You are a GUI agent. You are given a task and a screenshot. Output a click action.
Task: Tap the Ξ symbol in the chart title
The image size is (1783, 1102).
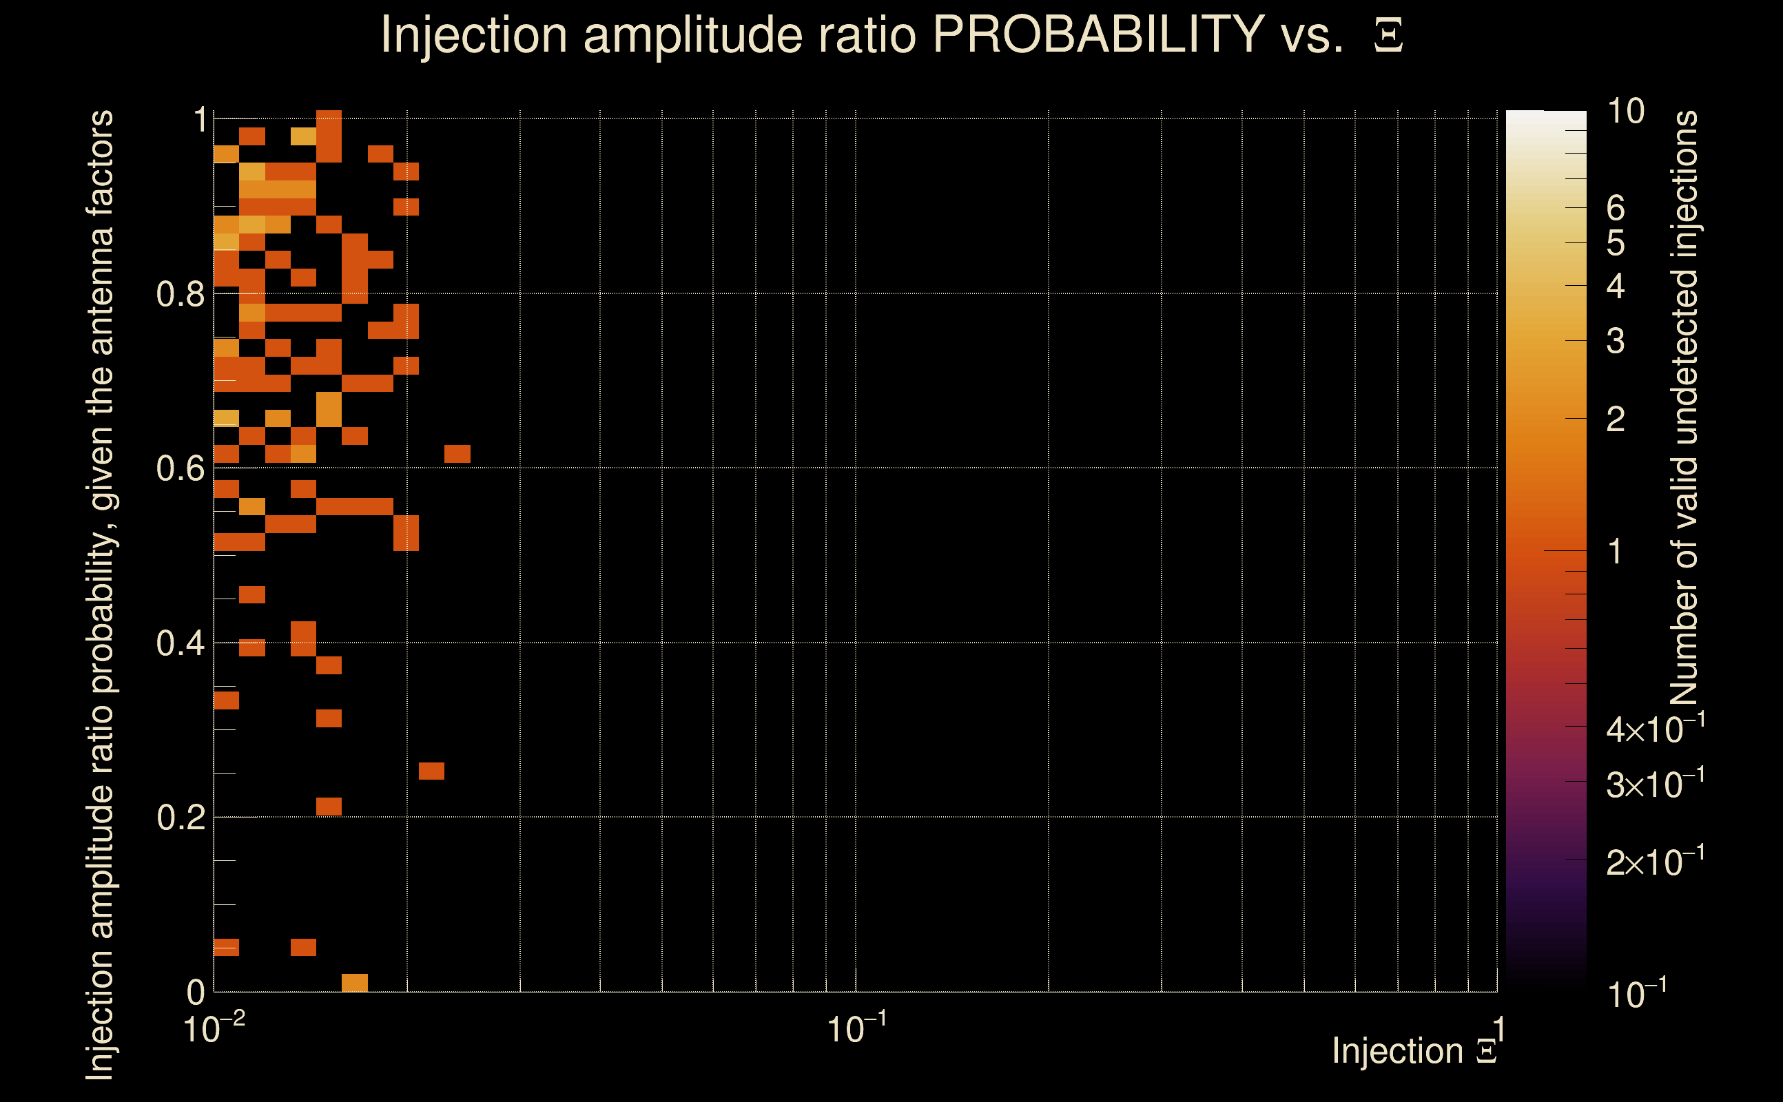tap(1388, 36)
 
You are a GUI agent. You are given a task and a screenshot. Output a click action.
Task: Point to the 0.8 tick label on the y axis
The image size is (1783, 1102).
tap(180, 295)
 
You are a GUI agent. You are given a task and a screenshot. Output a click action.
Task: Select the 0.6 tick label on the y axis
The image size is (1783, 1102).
tap(180, 468)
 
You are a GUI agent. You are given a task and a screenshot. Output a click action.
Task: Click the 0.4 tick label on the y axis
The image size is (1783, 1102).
tap(180, 643)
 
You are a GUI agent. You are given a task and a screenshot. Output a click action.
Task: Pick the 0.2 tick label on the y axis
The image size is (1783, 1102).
tap(180, 818)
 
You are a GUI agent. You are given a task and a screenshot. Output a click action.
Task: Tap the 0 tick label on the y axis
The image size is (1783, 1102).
tap(196, 992)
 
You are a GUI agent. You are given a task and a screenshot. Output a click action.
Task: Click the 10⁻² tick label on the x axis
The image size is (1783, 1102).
tap(214, 1029)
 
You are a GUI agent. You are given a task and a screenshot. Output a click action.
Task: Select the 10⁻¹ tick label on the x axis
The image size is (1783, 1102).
tap(856, 1029)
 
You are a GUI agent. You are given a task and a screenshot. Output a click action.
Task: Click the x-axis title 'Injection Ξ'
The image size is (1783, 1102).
tap(1414, 1051)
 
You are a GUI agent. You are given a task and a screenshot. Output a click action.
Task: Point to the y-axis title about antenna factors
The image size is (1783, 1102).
tap(100, 594)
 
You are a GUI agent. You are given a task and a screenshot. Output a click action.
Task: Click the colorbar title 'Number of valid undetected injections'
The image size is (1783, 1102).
tap(1684, 408)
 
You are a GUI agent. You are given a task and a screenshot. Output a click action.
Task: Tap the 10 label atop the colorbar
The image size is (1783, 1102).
tap(1625, 112)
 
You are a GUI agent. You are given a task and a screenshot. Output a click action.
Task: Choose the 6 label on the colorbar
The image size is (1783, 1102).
tap(1616, 209)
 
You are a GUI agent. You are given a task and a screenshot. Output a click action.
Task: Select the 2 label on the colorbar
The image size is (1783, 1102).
tap(1616, 419)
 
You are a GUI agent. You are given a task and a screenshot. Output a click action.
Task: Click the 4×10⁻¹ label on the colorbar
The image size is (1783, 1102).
tap(1655, 729)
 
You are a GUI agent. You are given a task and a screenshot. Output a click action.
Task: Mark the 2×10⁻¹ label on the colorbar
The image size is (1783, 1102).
tap(1655, 862)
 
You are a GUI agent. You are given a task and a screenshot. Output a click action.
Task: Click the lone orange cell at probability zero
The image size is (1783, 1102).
tap(354, 982)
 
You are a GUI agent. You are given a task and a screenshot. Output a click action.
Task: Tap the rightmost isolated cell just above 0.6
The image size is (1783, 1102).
tap(457, 453)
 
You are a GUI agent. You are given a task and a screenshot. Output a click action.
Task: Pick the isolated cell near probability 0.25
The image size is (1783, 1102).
tap(431, 771)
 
